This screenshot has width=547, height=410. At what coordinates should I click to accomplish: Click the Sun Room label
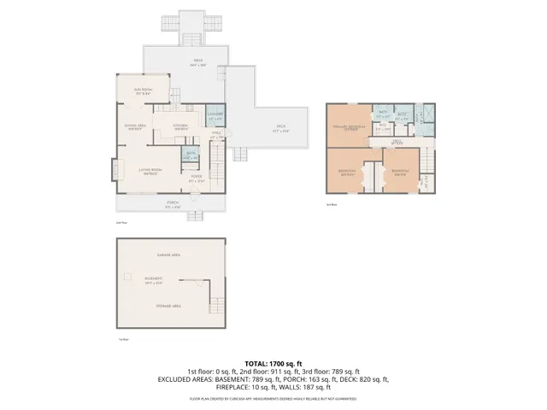(x=142, y=90)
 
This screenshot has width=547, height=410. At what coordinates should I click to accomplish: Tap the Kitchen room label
(x=180, y=126)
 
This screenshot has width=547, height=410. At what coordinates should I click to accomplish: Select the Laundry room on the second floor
(x=215, y=117)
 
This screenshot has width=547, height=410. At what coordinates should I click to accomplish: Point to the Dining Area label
(x=135, y=126)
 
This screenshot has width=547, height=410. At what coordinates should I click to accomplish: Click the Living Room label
(x=151, y=171)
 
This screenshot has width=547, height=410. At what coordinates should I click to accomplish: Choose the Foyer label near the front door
(x=197, y=179)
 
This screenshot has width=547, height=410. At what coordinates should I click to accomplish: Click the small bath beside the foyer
(x=191, y=157)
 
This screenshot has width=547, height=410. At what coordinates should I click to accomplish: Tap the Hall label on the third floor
(x=397, y=142)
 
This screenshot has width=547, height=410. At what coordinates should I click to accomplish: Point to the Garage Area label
(x=168, y=255)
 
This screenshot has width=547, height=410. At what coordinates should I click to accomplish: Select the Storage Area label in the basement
(x=168, y=304)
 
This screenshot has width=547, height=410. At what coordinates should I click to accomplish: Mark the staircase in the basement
(x=215, y=307)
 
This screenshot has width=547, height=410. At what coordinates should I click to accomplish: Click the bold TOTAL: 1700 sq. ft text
(x=273, y=363)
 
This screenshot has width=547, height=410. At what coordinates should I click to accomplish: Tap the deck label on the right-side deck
(x=280, y=130)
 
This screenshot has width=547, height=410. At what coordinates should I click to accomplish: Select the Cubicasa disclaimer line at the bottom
(x=273, y=398)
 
